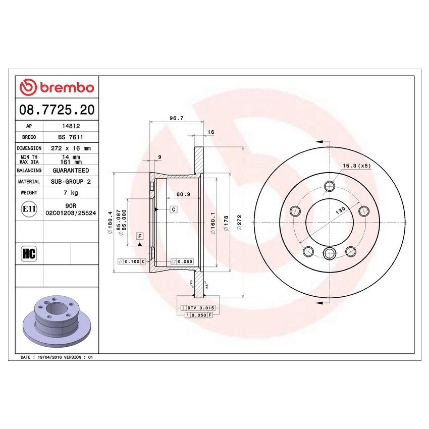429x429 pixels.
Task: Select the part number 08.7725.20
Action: click(57, 109)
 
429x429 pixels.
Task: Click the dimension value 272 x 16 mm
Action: click(71, 148)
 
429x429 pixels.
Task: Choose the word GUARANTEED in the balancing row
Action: click(71, 171)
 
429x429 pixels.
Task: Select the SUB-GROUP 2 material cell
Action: click(71, 181)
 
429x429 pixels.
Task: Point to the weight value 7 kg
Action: click(71, 192)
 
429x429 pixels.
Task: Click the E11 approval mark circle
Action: click(29, 209)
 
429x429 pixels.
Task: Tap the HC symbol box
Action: click(29, 253)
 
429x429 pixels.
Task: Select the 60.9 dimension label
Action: click(183, 194)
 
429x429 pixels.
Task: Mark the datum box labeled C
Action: click(173, 209)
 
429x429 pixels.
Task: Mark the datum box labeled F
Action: click(139, 236)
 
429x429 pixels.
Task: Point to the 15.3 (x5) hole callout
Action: click(356, 166)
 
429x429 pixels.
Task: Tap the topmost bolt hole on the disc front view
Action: click(330, 186)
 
